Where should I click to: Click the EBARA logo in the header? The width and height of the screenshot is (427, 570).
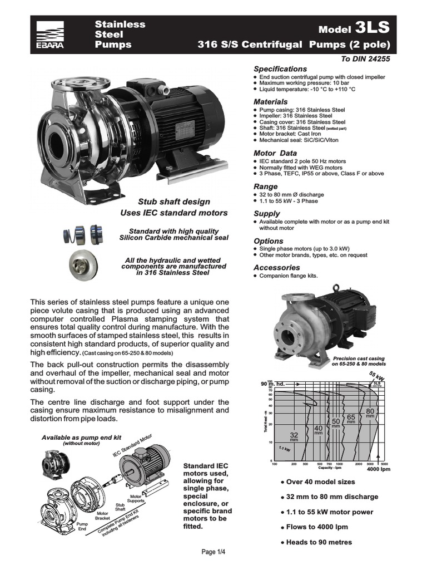[50, 35]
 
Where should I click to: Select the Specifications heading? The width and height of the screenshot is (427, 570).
[280, 68]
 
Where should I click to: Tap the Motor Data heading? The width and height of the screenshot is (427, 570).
[275, 153]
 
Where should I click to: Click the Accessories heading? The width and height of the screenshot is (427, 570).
[276, 267]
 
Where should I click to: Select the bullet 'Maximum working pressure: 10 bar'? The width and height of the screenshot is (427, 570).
[306, 83]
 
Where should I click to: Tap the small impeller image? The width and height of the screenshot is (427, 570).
[84, 264]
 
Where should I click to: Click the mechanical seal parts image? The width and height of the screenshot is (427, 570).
[83, 234]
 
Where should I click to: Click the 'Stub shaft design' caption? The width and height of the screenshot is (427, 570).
[174, 202]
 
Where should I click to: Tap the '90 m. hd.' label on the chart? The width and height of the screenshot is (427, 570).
[272, 384]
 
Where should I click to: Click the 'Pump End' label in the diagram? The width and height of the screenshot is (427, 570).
[82, 527]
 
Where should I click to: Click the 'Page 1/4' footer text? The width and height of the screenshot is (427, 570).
[213, 552]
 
